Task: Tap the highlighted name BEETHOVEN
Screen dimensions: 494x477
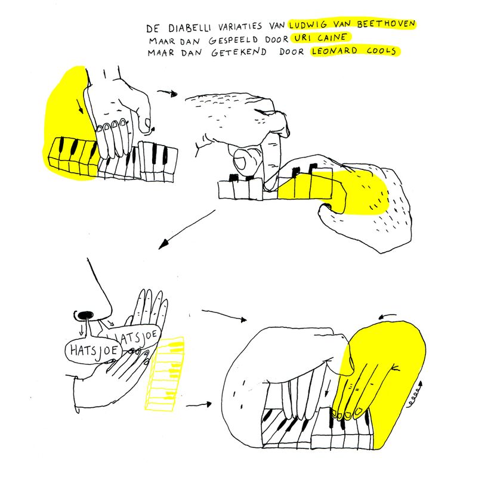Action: (x=386, y=24)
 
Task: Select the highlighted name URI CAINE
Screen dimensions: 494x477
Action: (x=320, y=38)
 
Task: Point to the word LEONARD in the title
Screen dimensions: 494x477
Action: (x=335, y=51)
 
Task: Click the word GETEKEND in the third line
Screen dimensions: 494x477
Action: (x=239, y=52)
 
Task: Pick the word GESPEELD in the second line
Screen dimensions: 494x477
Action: (x=233, y=40)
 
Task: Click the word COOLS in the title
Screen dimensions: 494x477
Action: (x=381, y=51)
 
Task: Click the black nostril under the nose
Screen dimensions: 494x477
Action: (x=86, y=315)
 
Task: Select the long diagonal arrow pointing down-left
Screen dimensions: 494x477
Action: (x=187, y=229)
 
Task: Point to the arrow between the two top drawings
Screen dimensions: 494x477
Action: (x=168, y=93)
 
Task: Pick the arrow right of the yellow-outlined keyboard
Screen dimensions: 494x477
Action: (x=199, y=404)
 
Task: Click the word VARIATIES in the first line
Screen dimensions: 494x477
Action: (x=240, y=26)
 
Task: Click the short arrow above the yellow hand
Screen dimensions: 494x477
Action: (x=387, y=316)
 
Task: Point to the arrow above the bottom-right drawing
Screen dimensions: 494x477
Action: (x=224, y=315)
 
